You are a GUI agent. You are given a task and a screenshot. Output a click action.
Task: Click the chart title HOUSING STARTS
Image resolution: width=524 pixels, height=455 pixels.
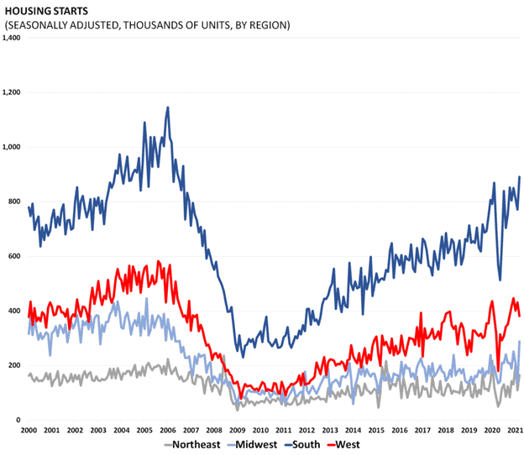(x=52, y=11)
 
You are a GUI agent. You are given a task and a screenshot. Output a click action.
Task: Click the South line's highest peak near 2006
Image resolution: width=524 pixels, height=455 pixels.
(x=168, y=107)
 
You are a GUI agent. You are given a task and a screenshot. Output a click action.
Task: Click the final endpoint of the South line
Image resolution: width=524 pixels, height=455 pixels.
(x=520, y=177)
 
